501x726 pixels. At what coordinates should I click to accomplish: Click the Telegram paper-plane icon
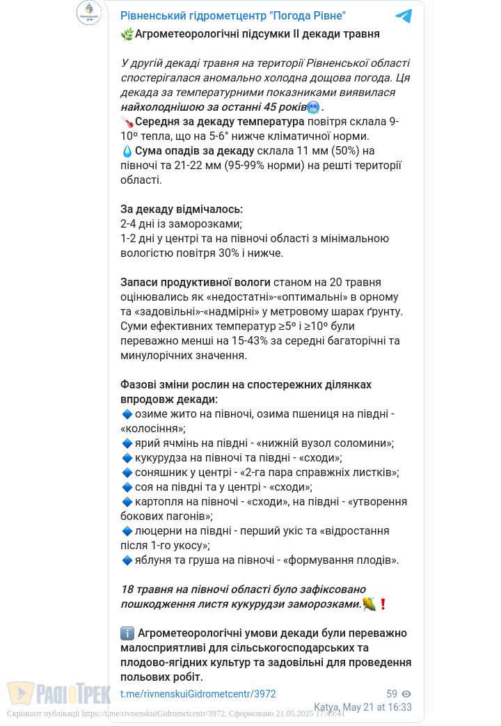click(x=404, y=16)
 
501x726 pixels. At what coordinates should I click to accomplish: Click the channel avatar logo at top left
click(x=89, y=13)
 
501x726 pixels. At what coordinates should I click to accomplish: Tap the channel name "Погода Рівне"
click(x=232, y=15)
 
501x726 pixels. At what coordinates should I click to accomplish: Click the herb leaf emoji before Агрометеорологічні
click(x=127, y=34)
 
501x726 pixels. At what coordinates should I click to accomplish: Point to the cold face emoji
click(x=313, y=107)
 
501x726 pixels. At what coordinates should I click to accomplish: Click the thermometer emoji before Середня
click(x=127, y=122)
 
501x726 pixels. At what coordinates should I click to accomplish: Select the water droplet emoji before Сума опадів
click(x=127, y=151)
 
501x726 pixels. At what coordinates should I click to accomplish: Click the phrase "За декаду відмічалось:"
click(x=182, y=209)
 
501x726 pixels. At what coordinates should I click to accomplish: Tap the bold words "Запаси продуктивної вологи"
click(x=196, y=282)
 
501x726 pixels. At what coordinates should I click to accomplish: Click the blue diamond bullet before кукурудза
click(x=127, y=458)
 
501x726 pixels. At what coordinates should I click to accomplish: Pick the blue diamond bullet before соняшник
click(x=127, y=473)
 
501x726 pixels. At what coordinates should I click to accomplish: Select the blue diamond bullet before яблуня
click(x=127, y=560)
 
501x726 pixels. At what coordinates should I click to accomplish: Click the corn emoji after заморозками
click(x=369, y=604)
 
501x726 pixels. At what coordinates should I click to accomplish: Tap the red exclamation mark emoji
click(x=383, y=604)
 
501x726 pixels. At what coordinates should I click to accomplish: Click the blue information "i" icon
click(x=127, y=633)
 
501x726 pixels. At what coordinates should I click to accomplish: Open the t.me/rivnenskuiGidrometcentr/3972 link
click(x=198, y=694)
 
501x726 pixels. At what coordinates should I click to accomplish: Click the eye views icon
click(x=406, y=694)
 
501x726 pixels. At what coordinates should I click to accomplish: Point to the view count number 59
click(x=392, y=694)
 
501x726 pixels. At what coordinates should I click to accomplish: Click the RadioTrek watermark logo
click(x=59, y=694)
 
